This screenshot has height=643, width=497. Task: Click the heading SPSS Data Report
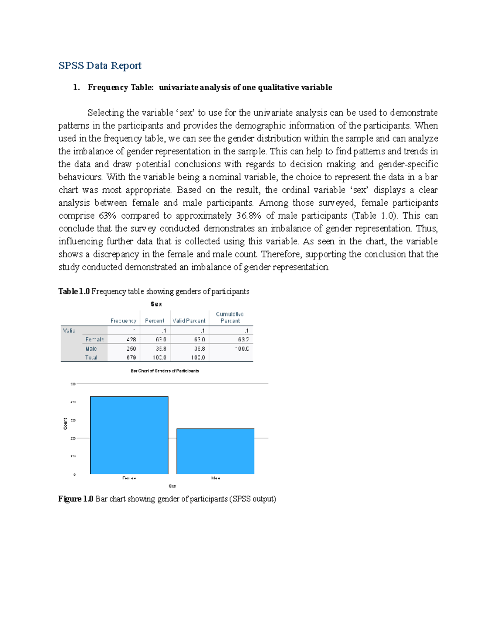[x=100, y=65]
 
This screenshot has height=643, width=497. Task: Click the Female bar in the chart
[x=129, y=435]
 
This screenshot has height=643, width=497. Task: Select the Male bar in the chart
[x=215, y=451]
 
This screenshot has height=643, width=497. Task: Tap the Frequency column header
[x=123, y=321]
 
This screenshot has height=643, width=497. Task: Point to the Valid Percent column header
[x=189, y=321]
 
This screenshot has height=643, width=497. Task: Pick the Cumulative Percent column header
[x=230, y=318]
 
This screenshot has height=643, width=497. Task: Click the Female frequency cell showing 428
[x=131, y=340]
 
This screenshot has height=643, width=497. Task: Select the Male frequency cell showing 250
[x=131, y=349]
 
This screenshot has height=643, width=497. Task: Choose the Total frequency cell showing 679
[x=131, y=357]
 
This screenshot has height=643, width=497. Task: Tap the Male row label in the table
[x=91, y=349]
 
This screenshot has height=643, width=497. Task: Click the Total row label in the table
[x=91, y=357]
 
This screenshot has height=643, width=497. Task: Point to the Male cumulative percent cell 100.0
[x=242, y=349]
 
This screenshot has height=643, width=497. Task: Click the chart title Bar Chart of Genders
[x=165, y=371]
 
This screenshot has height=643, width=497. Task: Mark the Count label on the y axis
[x=65, y=424]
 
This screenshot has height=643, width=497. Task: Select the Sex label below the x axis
[x=172, y=486]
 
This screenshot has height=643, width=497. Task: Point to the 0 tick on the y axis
[x=75, y=474]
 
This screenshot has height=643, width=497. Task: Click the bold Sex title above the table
[x=156, y=304]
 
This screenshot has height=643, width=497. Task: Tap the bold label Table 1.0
[x=74, y=291]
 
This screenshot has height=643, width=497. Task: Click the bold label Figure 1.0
[x=76, y=499]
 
